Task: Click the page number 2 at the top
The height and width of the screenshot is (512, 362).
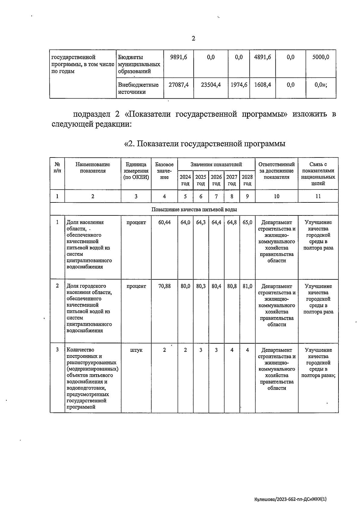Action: coord(193,39)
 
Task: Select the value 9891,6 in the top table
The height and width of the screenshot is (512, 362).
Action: coord(179,57)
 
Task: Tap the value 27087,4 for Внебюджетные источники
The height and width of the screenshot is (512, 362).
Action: coord(179,85)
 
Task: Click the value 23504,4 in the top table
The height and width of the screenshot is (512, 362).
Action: coord(211,85)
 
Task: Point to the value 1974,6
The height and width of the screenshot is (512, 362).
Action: coord(239,85)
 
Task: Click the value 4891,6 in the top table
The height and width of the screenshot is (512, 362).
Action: coord(262,57)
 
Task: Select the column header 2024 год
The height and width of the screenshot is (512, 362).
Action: coord(185,180)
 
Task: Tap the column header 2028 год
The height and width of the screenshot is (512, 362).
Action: coord(247,180)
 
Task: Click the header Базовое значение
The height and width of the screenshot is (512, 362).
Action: coord(164,171)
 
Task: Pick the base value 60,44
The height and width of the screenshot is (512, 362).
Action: coord(164,222)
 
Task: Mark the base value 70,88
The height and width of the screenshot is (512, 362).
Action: coord(164,286)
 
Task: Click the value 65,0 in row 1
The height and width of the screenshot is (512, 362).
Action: coord(247,222)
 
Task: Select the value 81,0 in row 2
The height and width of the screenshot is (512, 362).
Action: coord(247,286)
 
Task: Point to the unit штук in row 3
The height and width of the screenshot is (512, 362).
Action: coord(136,350)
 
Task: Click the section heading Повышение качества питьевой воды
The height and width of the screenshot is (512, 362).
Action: coord(194,209)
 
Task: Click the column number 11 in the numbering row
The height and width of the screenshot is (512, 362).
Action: coord(318,196)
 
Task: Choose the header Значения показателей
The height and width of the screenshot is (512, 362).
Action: coord(216,164)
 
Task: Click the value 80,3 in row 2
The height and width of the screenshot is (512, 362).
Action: coord(201,286)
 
